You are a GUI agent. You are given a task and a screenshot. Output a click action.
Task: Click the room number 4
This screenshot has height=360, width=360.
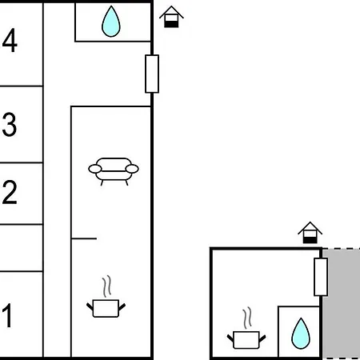pos(10,40)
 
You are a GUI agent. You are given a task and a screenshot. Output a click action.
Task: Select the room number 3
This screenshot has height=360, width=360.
pos(10,125)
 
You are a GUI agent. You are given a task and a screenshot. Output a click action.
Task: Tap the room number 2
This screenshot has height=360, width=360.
pos(10,192)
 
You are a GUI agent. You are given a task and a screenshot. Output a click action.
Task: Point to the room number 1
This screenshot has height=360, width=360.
pos(8,315)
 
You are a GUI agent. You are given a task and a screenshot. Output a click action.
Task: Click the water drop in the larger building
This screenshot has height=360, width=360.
pos(111,22)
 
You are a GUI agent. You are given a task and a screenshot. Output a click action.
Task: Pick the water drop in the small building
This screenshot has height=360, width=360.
pos(301,334)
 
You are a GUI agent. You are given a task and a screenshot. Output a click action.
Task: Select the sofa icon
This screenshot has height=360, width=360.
pos(114,171)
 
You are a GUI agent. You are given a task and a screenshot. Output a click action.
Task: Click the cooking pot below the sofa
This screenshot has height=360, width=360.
pos(106,309)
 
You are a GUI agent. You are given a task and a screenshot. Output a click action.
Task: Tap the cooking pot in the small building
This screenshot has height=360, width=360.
pos(246,340)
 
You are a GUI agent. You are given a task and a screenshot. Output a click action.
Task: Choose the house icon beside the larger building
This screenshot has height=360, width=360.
pos(171,17)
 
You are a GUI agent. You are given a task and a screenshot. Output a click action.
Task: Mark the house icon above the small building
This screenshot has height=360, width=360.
pos(310,233)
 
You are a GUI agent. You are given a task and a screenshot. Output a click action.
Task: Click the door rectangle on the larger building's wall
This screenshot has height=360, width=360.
pos(152,74)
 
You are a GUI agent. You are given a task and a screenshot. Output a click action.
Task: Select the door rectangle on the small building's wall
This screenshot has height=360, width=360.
pos(321,277)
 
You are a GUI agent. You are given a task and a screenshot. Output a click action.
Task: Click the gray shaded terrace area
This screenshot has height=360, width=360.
pos(342,304)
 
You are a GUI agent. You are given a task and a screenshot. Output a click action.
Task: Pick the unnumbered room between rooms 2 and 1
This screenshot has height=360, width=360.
pos(22,248)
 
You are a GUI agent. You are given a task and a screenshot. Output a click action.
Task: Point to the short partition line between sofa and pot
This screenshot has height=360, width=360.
pos(84,238)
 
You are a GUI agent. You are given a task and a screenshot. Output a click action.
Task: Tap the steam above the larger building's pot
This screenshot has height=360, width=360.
pos(106,286)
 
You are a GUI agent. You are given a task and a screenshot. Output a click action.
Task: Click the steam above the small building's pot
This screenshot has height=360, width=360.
pos(247,318)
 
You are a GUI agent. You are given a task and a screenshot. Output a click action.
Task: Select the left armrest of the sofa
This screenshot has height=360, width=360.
pos(95,169)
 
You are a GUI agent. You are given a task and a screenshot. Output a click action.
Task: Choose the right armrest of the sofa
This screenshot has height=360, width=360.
pos(132,169)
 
